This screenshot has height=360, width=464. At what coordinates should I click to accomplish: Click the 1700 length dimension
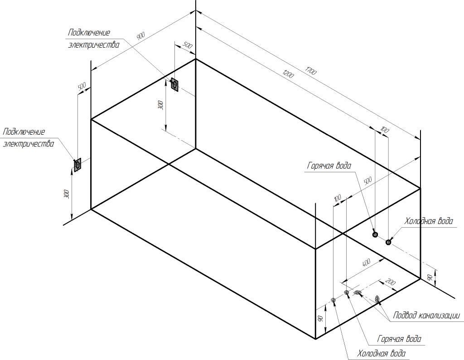pyautogui.click(x=311, y=71)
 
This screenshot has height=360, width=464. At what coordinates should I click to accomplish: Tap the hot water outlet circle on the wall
pyautogui.click(x=375, y=234)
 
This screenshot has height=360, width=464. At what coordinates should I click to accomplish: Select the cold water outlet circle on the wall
pyautogui.click(x=388, y=242)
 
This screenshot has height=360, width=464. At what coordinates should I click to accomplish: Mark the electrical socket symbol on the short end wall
pyautogui.click(x=77, y=165)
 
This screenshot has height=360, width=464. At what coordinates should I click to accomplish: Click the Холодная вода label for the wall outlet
pyautogui.click(x=428, y=221)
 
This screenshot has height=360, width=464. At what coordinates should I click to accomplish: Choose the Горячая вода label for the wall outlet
pyautogui.click(x=329, y=166)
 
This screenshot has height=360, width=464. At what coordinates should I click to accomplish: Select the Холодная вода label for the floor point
pyautogui.click(x=381, y=353)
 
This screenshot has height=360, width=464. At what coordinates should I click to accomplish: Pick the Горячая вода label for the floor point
pyautogui.click(x=399, y=339)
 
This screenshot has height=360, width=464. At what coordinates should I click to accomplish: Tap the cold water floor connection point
pyautogui.click(x=333, y=300)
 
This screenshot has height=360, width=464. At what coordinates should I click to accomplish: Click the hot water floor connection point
pyautogui.click(x=347, y=292)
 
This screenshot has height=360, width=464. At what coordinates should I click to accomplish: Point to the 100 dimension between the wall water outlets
pyautogui.click(x=385, y=131)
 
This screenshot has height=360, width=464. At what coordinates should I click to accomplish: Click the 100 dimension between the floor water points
pyautogui.click(x=338, y=199)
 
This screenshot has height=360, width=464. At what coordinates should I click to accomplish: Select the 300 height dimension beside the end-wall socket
pyautogui.click(x=67, y=194)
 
